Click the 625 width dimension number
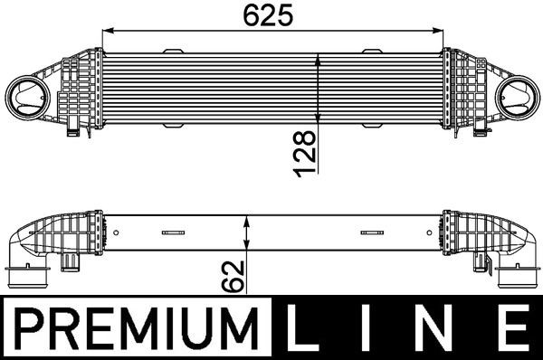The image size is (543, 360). pos(272,15)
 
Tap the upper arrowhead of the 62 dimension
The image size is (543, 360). pos(248,221)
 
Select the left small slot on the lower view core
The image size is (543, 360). pos(170,233)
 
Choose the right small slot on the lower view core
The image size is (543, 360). pos(371,233)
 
